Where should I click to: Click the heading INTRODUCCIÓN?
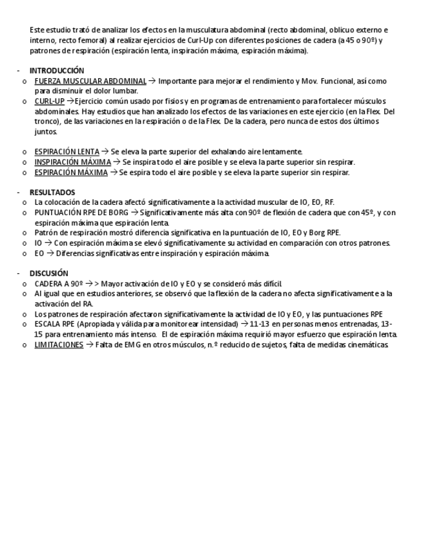[57, 70]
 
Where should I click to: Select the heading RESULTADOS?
[52, 193]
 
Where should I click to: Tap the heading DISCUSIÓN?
[49, 273]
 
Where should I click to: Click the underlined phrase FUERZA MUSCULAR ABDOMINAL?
[90, 81]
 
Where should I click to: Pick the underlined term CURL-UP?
[49, 101]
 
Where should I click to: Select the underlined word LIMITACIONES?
[59, 345]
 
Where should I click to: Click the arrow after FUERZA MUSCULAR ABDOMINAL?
[152, 81]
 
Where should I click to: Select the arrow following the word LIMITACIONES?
[89, 345]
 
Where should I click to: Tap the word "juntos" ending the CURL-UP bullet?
[46, 132]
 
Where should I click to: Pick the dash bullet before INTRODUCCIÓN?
[18, 70]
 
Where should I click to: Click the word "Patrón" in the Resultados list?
[46, 233]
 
